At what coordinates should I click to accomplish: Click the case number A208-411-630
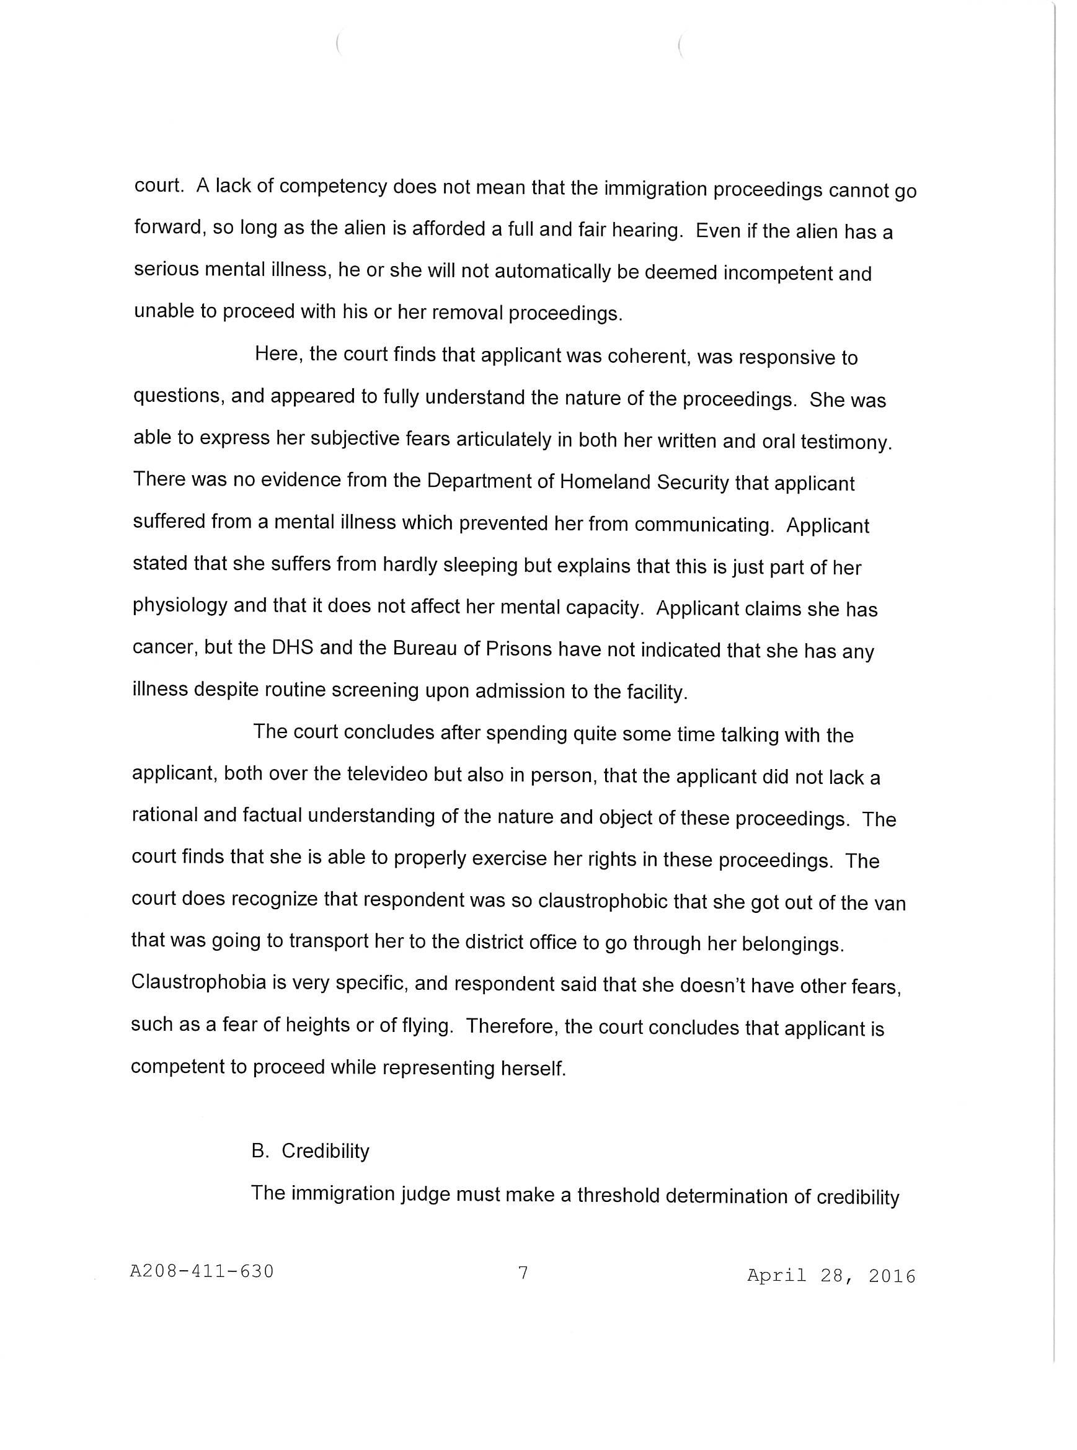tap(202, 1271)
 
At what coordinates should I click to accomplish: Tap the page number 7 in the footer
tap(522, 1272)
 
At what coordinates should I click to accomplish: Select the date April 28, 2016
tap(831, 1275)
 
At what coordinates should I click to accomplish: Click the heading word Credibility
tap(326, 1150)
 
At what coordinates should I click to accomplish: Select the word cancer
tap(163, 647)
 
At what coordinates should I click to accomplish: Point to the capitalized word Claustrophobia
tap(199, 982)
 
